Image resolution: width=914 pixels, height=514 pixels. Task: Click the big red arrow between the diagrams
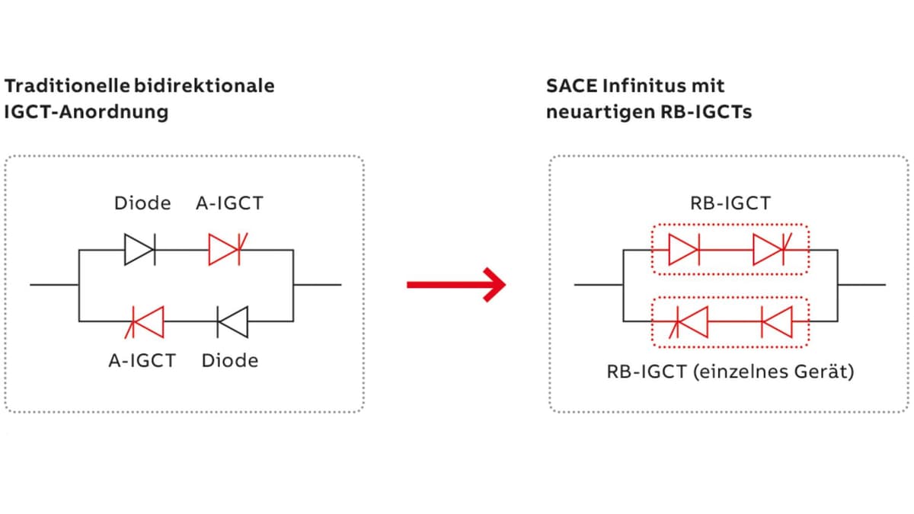point(456,285)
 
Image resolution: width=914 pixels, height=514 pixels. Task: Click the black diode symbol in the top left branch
point(140,250)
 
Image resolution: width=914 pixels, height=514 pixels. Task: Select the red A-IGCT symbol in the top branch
point(228,250)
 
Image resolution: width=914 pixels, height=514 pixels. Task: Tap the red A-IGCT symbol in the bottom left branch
point(145,322)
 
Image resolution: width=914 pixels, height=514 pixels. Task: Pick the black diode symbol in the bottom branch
point(232,322)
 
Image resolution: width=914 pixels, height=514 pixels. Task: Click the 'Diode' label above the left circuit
point(142,203)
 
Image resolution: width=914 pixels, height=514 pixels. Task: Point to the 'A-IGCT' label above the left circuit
point(230,203)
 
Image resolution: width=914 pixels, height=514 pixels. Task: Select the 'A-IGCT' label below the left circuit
point(142,361)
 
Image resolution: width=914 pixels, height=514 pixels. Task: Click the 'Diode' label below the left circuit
point(230,361)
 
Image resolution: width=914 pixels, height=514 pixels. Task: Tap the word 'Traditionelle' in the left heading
point(67,86)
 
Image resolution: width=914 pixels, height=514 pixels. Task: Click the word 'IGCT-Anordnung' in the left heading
point(86,112)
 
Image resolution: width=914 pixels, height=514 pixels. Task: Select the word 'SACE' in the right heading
point(571,86)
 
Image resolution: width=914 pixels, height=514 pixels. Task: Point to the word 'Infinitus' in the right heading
point(644,86)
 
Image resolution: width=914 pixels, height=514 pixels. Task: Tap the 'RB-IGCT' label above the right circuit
point(730,203)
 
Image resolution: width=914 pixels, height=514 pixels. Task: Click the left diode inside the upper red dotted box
point(684,250)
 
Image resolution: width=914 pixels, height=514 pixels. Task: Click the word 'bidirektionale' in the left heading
point(204,86)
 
